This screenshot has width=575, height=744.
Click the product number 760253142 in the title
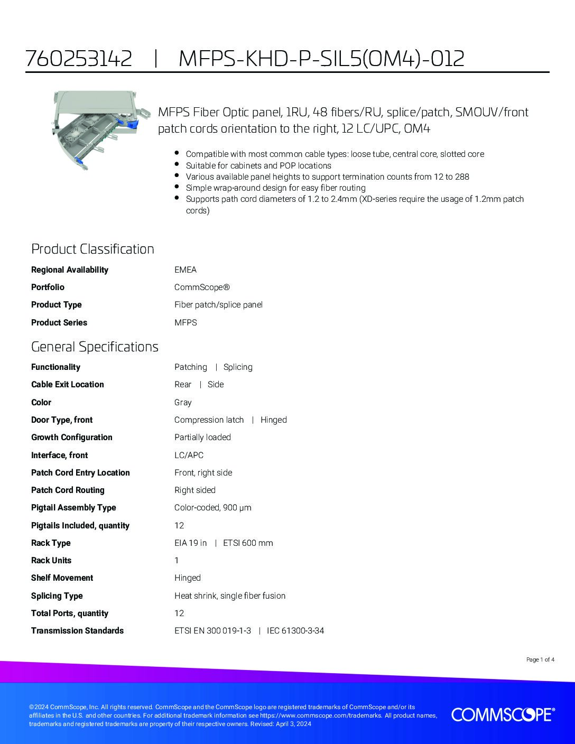tap(79, 58)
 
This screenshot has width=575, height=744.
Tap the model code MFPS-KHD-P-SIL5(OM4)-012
tap(321, 58)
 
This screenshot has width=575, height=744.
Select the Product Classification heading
tap(92, 249)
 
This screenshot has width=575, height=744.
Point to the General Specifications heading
tap(95, 347)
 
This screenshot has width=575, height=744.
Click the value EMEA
tap(186, 270)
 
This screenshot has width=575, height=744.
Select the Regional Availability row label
tap(70, 270)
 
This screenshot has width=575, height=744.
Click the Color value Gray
tap(183, 403)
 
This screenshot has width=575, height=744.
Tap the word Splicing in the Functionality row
tap(238, 367)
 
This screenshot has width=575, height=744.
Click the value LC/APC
tap(189, 455)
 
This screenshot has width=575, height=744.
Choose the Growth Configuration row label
tap(72, 438)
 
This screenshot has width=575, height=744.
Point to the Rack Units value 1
tap(177, 561)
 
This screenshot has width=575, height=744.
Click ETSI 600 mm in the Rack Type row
tap(248, 543)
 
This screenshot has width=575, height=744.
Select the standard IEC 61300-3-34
tap(295, 631)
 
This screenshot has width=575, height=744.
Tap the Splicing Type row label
tap(57, 596)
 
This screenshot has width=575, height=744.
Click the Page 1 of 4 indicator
tap(540, 659)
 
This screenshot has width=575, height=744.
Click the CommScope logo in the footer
tap(503, 714)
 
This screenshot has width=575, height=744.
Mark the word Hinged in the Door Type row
tap(274, 420)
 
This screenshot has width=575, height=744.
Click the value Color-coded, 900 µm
tap(213, 508)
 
